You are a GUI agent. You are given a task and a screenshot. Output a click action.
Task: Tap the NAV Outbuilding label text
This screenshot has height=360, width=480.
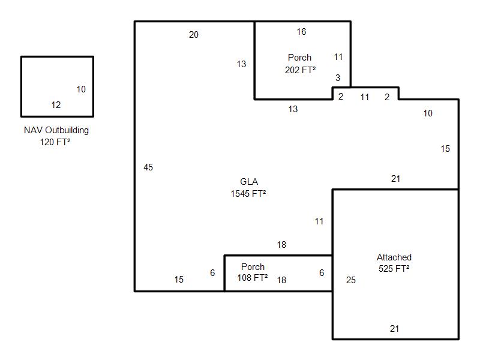(x=56, y=130)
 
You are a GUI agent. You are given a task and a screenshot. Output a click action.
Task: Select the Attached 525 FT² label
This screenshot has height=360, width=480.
(x=394, y=263)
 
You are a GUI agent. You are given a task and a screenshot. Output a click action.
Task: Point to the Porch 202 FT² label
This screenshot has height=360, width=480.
(x=300, y=64)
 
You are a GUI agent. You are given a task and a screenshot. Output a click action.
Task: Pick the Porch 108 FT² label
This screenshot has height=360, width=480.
(x=253, y=272)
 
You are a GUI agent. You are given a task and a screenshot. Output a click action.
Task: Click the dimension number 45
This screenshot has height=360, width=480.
(x=148, y=167)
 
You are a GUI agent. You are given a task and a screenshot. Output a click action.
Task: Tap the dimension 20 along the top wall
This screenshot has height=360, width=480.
(x=194, y=35)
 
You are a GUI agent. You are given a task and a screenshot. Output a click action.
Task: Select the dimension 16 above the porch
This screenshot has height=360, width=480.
(x=301, y=32)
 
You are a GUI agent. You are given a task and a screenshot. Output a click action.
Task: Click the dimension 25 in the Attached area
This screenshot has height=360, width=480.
(x=351, y=280)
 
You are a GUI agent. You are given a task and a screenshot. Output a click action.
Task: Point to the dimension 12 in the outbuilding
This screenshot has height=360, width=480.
(x=56, y=105)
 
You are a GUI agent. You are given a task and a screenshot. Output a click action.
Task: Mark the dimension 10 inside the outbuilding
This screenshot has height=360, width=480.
(x=81, y=89)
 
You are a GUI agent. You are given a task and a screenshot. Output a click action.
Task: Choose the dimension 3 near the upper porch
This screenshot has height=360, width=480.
(x=338, y=78)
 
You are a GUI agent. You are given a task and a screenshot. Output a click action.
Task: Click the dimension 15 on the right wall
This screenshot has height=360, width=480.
(x=445, y=149)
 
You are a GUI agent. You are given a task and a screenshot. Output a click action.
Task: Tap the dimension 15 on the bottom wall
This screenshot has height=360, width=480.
(x=179, y=280)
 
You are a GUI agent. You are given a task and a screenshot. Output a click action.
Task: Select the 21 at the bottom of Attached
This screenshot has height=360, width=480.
(x=395, y=329)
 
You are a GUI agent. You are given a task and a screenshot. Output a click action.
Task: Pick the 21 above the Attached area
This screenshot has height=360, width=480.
(x=395, y=179)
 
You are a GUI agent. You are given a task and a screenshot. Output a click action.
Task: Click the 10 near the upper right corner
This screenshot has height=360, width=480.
(x=428, y=113)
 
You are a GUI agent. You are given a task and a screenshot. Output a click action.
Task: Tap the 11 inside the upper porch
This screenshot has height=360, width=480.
(x=338, y=57)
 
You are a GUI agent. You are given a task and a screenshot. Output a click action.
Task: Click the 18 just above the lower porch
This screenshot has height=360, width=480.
(x=281, y=245)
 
